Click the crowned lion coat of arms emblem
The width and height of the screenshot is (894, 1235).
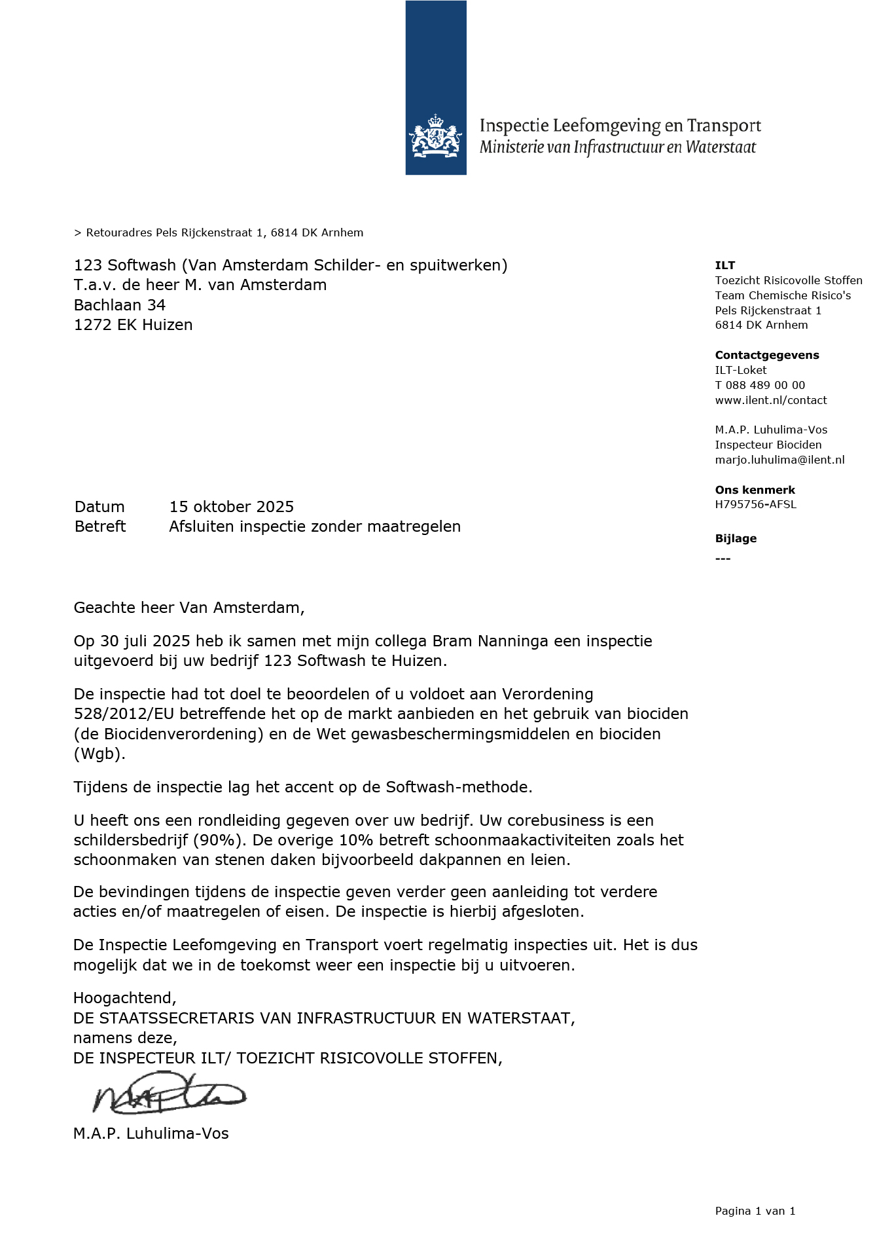click(435, 136)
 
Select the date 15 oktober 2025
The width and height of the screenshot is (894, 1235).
click(231, 507)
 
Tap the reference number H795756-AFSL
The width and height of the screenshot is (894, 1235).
click(755, 504)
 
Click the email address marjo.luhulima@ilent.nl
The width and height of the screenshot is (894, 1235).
click(779, 460)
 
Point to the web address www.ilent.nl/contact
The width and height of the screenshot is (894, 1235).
click(770, 400)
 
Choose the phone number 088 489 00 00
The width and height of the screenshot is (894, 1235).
click(765, 385)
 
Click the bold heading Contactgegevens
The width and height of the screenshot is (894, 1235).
click(766, 355)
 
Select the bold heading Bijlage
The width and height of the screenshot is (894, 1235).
click(736, 538)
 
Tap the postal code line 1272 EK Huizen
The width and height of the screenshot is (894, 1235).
click(133, 325)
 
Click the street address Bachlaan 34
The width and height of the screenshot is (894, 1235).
click(120, 305)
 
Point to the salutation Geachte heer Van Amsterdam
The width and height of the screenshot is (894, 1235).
click(188, 608)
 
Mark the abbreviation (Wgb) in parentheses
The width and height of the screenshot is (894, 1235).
click(99, 754)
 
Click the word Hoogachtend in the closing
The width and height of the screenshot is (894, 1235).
click(124, 998)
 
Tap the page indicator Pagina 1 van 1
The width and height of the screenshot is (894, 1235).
click(755, 1211)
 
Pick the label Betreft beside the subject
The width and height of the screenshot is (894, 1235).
click(100, 526)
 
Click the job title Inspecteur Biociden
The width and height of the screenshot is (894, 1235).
click(768, 445)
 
